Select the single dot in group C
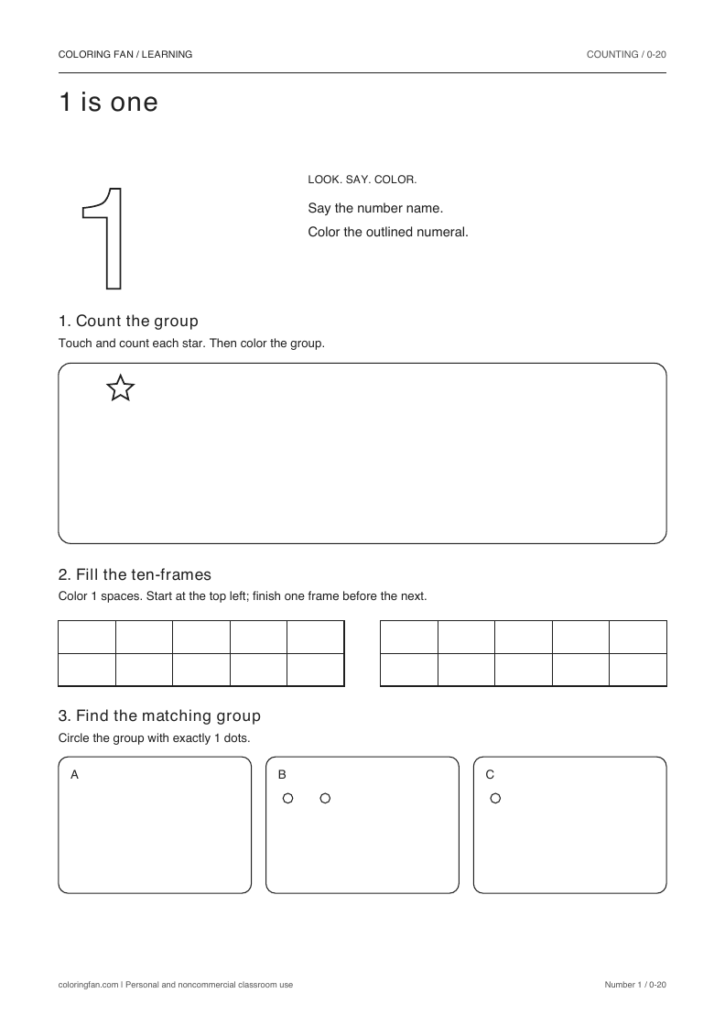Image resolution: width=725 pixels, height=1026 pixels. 495,798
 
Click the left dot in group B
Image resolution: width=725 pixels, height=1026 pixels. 287,798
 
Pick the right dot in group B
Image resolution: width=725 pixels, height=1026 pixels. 325,798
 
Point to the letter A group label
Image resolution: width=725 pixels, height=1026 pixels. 74,775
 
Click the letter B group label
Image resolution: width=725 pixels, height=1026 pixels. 282,775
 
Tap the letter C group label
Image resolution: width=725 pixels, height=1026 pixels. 490,775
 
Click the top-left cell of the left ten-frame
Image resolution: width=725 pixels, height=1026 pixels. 87,638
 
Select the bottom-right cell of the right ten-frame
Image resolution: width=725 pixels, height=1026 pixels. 637,670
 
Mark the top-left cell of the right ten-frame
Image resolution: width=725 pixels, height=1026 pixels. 409,638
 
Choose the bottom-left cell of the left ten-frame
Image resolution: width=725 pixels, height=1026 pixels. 87,670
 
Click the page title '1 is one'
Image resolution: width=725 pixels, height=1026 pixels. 109,102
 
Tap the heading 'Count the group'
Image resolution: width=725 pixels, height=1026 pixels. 137,321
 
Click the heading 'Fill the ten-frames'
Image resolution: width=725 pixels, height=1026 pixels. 144,574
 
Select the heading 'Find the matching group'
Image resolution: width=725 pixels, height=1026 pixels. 168,715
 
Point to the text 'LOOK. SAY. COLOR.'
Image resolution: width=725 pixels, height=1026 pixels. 362,180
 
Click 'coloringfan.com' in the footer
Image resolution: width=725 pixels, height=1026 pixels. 88,985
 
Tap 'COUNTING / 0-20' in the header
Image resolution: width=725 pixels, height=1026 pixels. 626,54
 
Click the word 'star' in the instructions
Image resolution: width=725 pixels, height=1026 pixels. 193,343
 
